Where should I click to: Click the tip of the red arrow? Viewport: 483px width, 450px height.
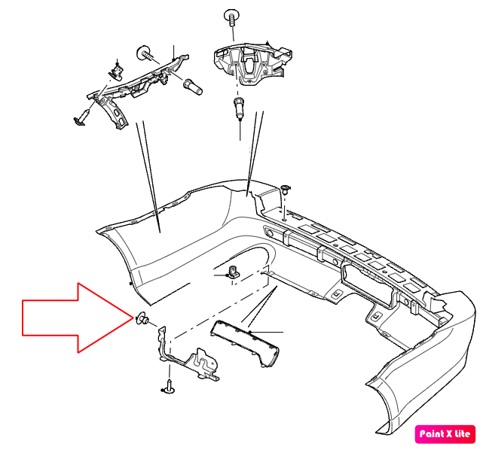(133, 318)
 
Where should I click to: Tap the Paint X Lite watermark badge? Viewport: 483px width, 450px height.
(445, 434)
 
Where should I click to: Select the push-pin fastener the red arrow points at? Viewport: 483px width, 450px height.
(142, 318)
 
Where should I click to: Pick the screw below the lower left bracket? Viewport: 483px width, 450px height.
(168, 387)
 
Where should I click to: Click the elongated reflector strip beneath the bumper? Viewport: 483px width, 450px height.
(245, 343)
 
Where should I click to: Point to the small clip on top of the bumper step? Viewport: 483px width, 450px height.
(286, 189)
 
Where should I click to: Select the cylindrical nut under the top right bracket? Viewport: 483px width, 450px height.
(239, 108)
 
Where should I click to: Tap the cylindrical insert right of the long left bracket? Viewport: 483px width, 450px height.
(193, 87)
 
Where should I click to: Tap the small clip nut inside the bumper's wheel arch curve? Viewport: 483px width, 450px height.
(233, 272)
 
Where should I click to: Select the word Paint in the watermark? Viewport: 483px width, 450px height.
(432, 434)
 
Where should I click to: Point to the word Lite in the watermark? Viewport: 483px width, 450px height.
(463, 433)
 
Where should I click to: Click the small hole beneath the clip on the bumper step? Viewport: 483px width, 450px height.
(284, 219)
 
